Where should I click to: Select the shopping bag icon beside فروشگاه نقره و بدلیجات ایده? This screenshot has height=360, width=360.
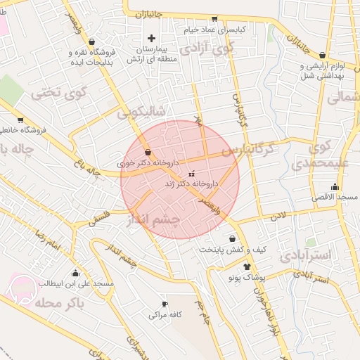click(x=94, y=41)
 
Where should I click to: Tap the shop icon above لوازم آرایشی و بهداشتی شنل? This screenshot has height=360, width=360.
click(x=322, y=55)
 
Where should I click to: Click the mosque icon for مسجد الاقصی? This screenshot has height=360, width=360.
click(x=335, y=187)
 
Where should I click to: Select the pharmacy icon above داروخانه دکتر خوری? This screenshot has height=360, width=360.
click(x=148, y=152)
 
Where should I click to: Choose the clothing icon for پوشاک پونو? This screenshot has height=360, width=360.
click(x=246, y=266)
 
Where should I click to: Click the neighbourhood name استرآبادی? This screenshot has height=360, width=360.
click(x=305, y=255)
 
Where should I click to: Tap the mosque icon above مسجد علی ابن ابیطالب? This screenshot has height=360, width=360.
click(x=75, y=273)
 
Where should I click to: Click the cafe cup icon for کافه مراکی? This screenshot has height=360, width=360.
click(x=165, y=304)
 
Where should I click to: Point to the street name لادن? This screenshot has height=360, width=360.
click(x=283, y=219)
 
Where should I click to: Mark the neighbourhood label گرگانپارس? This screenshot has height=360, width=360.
click(x=246, y=150)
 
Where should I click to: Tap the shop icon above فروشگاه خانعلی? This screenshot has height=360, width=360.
click(x=20, y=120)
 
